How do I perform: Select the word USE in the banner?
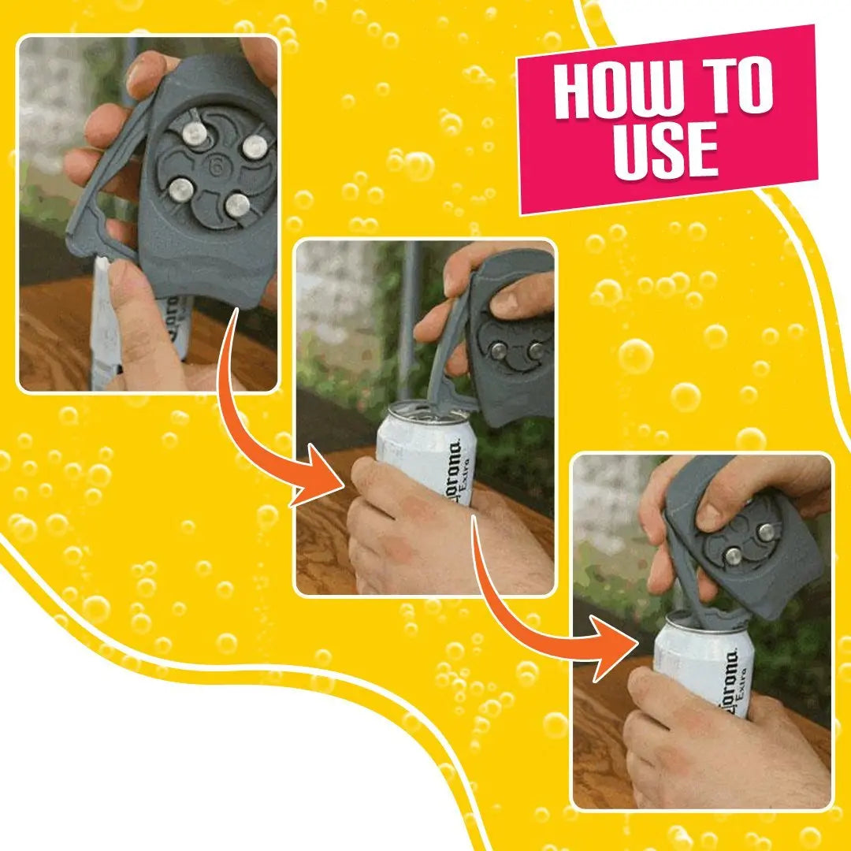tap(666, 150)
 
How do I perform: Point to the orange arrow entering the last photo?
tap(552, 622)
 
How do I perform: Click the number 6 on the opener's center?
tap(214, 167)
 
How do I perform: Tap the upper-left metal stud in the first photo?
tap(194, 133)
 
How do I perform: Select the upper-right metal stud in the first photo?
tap(254, 147)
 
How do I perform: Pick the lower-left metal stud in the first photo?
tap(181, 189)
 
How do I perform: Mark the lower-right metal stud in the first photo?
tap(236, 205)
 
